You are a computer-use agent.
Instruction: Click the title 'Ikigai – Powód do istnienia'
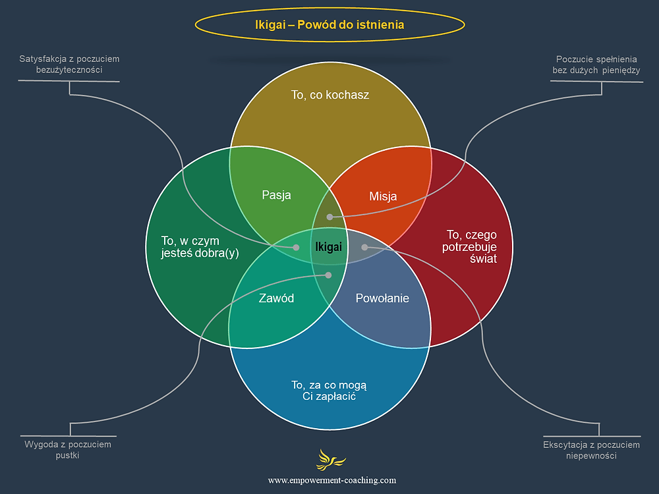(329, 25)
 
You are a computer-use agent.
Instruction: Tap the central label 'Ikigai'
(329, 247)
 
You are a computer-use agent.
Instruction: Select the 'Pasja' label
(276, 195)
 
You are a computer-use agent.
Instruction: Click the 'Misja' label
(383, 196)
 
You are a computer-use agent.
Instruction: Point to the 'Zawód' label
(276, 298)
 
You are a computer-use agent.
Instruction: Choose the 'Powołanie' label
(382, 298)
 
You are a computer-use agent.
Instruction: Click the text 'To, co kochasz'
(330, 95)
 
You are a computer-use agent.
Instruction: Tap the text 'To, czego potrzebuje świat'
(471, 246)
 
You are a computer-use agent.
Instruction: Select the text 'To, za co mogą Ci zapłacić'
(329, 391)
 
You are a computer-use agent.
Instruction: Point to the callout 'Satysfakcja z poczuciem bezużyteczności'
(69, 65)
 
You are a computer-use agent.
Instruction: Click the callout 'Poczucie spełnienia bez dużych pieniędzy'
(596, 65)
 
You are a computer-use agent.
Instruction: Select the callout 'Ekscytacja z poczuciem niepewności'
(591, 450)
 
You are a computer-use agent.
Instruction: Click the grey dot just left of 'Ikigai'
(297, 247)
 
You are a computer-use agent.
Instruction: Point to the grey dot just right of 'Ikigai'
(364, 247)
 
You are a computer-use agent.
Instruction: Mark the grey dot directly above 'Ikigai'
(330, 217)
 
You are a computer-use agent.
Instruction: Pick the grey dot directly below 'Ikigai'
(329, 275)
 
